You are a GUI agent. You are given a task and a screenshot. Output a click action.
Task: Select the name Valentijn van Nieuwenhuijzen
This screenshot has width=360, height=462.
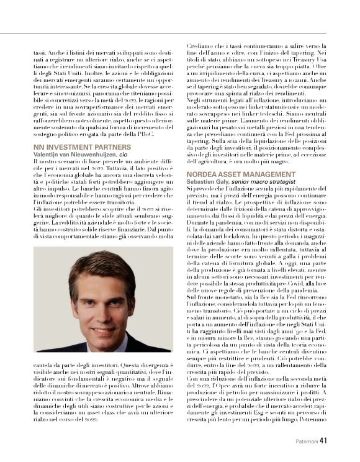[x=73, y=153]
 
